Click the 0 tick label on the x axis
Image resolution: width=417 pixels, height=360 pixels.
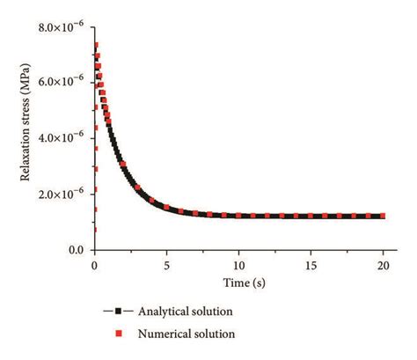[x=95, y=264]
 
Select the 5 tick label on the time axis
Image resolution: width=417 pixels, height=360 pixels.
[x=167, y=264]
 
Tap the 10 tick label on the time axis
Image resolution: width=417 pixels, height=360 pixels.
[x=239, y=264]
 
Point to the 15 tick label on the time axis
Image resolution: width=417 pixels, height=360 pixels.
[x=311, y=264]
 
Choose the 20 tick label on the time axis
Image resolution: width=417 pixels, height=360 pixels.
[x=384, y=264]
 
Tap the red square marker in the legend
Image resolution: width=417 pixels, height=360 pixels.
[x=117, y=334]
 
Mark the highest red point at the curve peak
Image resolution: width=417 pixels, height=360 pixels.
[x=97, y=44]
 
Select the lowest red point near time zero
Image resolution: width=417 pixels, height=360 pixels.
[x=95, y=230]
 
